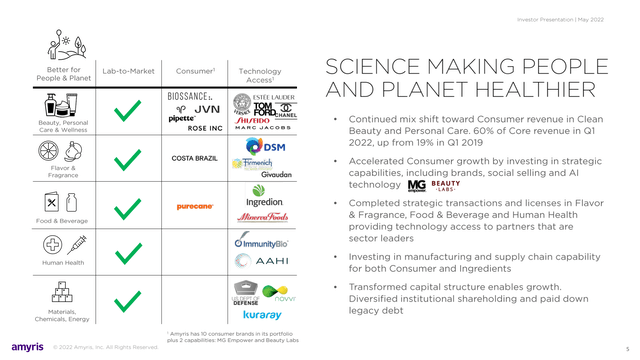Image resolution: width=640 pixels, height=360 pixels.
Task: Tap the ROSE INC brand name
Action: click(x=204, y=128)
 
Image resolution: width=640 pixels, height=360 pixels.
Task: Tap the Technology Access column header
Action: click(x=260, y=77)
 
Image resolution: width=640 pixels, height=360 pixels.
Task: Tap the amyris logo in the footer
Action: click(x=25, y=346)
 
